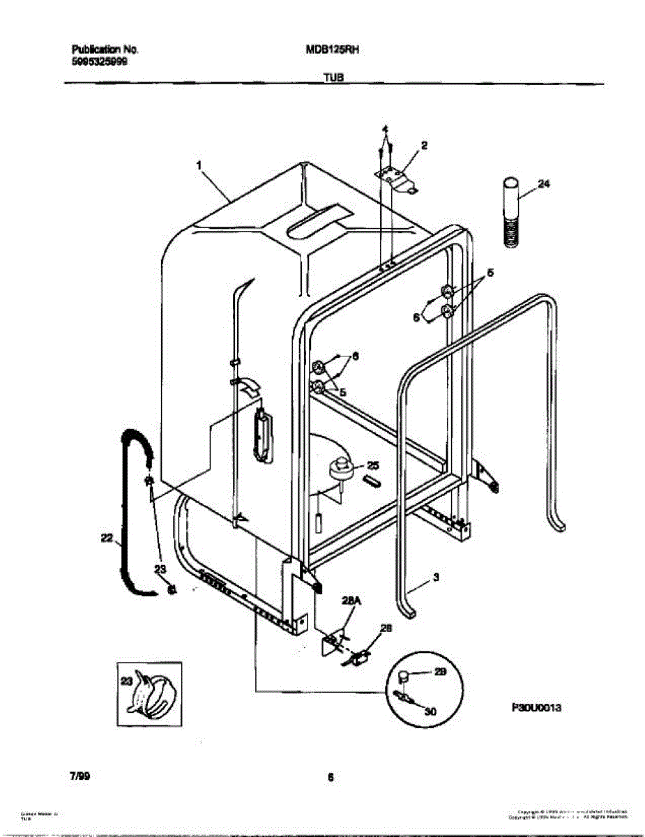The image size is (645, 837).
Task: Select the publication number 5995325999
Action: click(100, 61)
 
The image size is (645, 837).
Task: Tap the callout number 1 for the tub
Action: click(199, 165)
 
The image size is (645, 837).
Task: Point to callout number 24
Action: click(544, 184)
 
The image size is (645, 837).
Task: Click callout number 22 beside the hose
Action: click(106, 537)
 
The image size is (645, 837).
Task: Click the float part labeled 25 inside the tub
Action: click(340, 469)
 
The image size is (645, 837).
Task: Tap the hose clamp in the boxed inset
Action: click(155, 693)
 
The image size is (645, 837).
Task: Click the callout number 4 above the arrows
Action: click(384, 130)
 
